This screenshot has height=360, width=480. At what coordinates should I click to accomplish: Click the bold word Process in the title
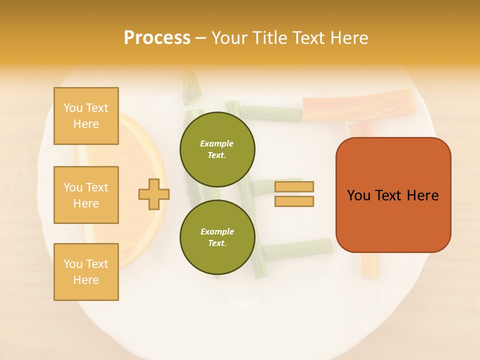(157, 38)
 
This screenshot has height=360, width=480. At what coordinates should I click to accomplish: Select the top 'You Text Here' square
(86, 116)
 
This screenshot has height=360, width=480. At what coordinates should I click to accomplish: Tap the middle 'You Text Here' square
(86, 195)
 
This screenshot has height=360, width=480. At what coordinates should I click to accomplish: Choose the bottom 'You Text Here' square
(86, 272)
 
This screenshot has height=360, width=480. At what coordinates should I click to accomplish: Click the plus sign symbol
(154, 194)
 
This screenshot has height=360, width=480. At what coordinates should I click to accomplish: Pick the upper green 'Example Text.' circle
(217, 149)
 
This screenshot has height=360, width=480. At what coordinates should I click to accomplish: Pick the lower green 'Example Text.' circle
(217, 237)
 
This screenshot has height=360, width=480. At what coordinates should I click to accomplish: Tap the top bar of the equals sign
(294, 187)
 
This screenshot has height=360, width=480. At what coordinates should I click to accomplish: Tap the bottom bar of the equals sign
(294, 201)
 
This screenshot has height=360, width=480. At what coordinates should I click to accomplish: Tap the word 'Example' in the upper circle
(217, 143)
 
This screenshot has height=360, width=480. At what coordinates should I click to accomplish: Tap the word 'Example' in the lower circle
(217, 231)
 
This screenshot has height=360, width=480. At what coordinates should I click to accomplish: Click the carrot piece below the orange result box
(369, 265)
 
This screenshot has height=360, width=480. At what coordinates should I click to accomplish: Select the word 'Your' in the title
(227, 38)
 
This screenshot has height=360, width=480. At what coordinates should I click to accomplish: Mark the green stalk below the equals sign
(298, 248)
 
